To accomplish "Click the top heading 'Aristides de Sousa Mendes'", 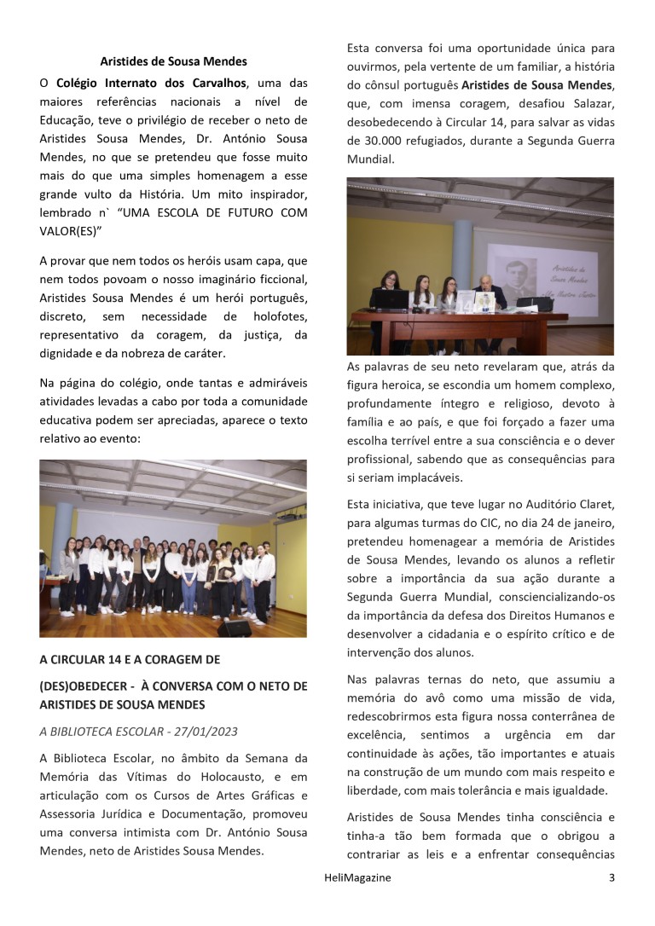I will coord(173,61).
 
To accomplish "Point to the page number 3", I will coord(611,877).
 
